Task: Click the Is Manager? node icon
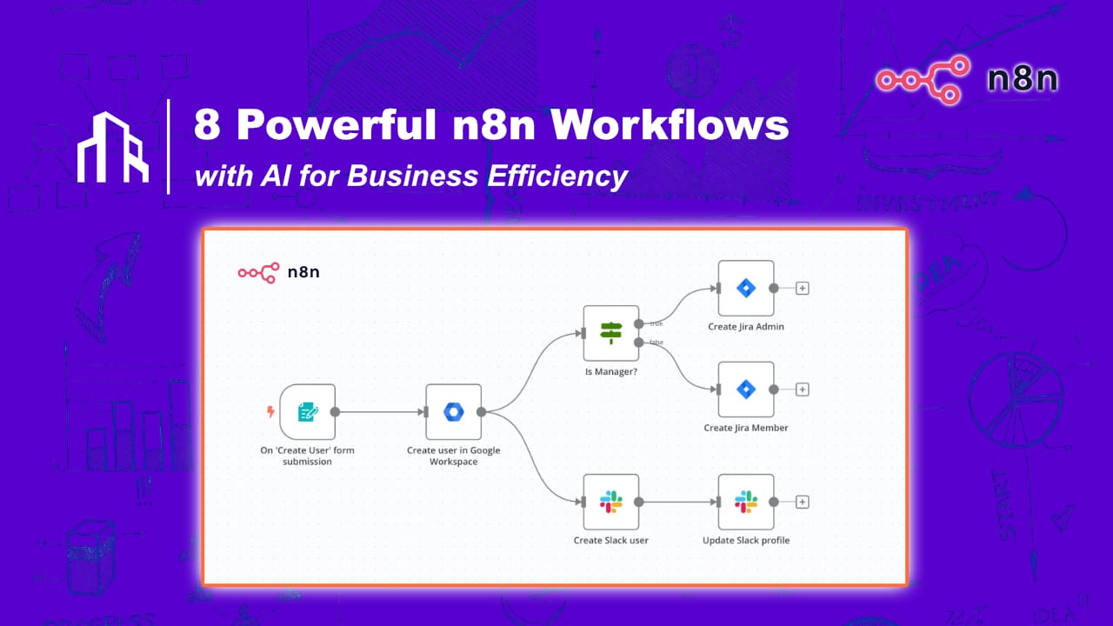(x=611, y=333)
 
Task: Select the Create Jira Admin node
(x=745, y=288)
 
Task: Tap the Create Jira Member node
(x=745, y=390)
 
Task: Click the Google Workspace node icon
(x=453, y=412)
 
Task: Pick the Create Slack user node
(x=611, y=502)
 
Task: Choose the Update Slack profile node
(x=745, y=502)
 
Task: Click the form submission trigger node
(x=307, y=412)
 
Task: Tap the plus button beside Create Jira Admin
(x=803, y=288)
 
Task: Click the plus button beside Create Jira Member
(x=803, y=390)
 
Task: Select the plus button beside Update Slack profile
(x=803, y=502)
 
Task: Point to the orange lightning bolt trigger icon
(x=270, y=412)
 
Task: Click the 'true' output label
(x=656, y=323)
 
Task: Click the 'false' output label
(x=656, y=343)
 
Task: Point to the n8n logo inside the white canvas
(x=278, y=272)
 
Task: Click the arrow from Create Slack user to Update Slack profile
(x=678, y=502)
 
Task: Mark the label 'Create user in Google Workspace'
(x=453, y=456)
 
